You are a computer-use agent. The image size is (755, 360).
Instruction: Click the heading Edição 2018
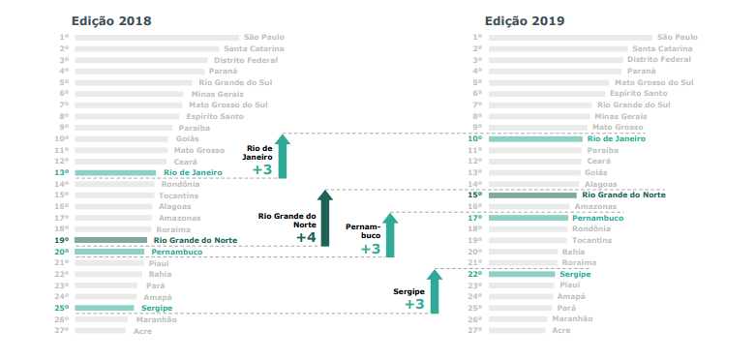[111, 20]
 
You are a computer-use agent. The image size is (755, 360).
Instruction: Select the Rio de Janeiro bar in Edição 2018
[114, 173]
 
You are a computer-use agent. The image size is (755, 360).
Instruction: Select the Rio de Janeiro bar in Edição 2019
[536, 139]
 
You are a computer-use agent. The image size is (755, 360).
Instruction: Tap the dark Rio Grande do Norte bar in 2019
[532, 195]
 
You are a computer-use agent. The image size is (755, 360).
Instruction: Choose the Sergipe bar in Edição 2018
[104, 308]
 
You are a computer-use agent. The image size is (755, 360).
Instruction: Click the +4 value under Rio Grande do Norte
[306, 237]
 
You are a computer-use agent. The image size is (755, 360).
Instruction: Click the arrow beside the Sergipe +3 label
[434, 292]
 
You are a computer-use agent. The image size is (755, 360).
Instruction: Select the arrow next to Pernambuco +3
[389, 234]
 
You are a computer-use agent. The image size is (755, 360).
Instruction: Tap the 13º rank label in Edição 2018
[62, 173]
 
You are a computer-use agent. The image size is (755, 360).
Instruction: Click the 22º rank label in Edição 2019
[475, 275]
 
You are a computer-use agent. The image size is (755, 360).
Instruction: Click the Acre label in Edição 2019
[561, 330]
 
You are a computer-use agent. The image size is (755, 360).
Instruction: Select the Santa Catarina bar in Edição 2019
[557, 48]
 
